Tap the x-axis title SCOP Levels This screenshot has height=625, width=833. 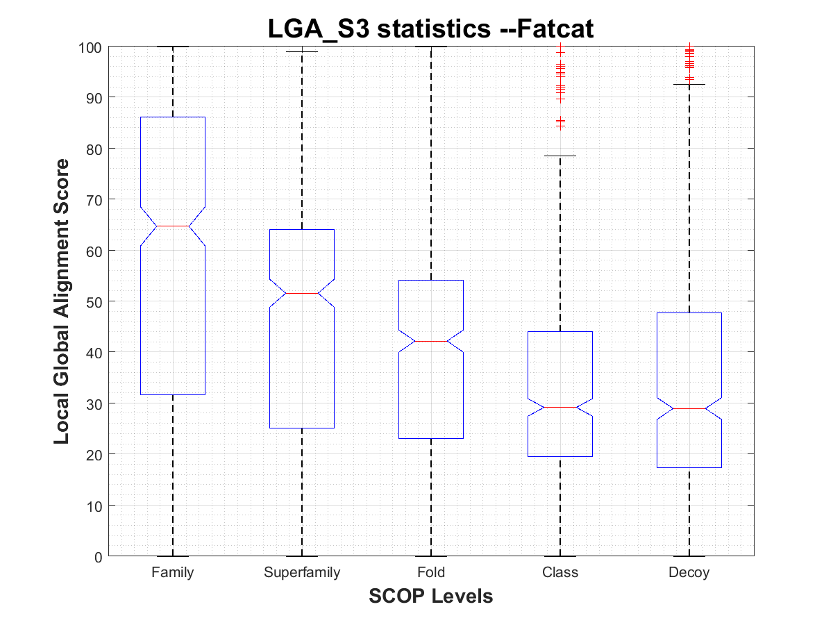pos(431,596)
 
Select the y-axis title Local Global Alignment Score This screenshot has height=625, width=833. pos(62,301)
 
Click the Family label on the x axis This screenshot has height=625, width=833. pos(172,573)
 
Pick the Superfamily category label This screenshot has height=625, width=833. pos(302,573)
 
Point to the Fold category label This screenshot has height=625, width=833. pos(431,573)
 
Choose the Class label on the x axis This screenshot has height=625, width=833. pos(560,573)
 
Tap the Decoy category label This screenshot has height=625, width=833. pos(689,573)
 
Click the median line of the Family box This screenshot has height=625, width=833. pos(172,226)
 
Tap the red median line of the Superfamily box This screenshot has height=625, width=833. pos(302,294)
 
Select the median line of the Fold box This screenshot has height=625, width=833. pos(431,342)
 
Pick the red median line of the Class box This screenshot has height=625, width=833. pos(560,408)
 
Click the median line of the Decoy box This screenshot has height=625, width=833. pos(689,409)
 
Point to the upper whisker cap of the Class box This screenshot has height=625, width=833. pos(560,156)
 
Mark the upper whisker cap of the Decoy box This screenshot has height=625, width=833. pos(689,85)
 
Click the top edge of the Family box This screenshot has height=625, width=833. pos(172,117)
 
